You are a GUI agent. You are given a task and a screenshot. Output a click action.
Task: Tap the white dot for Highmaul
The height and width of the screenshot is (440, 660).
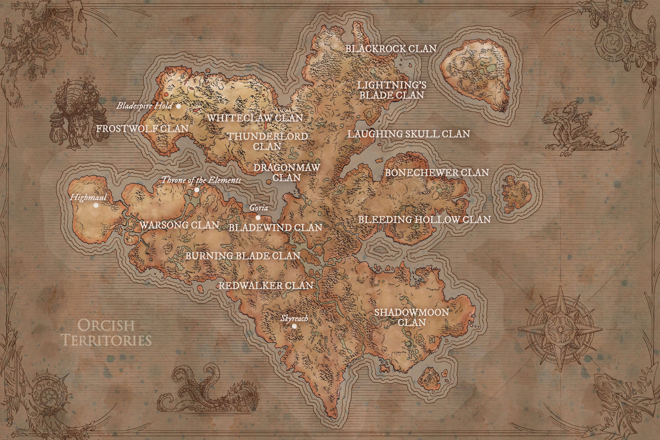(96, 205)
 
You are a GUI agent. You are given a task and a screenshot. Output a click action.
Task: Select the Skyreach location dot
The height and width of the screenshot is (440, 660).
(294, 326)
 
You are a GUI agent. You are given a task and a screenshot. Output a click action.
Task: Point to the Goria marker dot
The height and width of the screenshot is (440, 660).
(258, 217)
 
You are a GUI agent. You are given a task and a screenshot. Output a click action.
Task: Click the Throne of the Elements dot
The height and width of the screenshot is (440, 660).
(197, 190)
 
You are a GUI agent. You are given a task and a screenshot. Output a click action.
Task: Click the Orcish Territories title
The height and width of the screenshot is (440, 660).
(107, 333)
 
